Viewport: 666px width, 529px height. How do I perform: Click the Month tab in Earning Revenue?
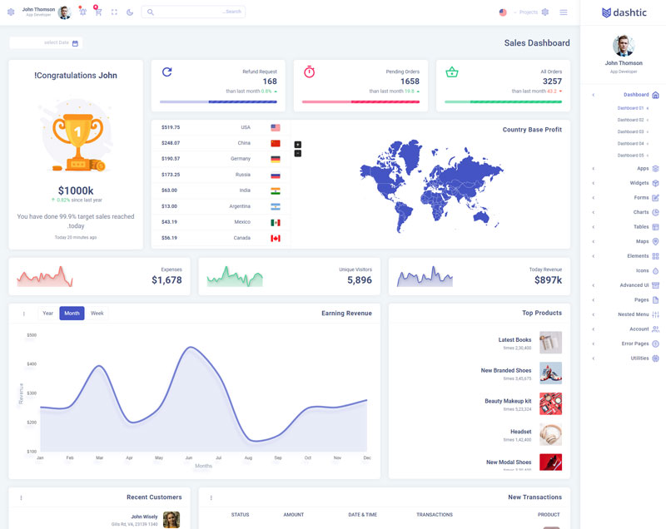click(72, 314)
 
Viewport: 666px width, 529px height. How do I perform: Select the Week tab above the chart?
click(97, 314)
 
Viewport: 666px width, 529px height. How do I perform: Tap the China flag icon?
click(276, 143)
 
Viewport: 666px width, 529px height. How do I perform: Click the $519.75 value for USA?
click(171, 127)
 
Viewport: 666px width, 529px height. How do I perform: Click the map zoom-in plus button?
click(298, 145)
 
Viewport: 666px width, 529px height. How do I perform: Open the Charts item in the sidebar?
click(641, 212)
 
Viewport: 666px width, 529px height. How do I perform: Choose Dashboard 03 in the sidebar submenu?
click(630, 131)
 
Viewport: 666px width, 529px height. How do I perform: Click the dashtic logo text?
click(629, 12)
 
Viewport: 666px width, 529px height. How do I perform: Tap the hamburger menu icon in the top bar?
click(564, 12)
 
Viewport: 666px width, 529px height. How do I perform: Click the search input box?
click(193, 12)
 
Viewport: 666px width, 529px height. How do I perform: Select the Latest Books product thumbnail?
click(550, 343)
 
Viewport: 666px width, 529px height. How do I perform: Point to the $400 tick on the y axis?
click(32, 363)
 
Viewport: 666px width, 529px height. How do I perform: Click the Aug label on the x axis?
click(248, 458)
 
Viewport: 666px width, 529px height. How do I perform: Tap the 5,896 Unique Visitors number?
click(360, 280)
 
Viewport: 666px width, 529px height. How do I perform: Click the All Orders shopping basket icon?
click(452, 72)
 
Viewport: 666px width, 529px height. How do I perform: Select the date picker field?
click(46, 42)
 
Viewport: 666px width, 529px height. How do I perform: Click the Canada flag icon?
click(276, 238)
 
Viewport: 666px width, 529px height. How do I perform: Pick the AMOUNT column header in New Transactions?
click(293, 515)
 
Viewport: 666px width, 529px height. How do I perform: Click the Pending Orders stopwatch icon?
click(309, 72)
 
